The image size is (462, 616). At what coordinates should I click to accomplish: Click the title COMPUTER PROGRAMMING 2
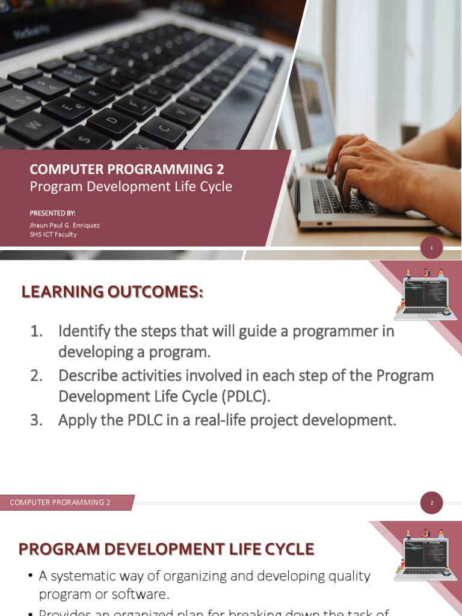tap(127, 170)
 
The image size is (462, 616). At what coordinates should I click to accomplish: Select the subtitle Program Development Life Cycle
tap(131, 186)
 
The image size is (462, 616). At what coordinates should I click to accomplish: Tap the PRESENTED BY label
tap(53, 213)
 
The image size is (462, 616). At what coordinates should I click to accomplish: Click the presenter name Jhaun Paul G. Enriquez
tap(65, 225)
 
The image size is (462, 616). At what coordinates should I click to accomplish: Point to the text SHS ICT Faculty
tap(54, 235)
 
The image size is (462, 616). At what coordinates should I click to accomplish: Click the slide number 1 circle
tap(431, 247)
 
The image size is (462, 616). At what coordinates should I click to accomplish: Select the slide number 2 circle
tap(431, 503)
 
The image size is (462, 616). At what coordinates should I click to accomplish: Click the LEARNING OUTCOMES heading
tap(112, 292)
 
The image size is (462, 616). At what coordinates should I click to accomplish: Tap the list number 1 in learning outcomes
tap(37, 331)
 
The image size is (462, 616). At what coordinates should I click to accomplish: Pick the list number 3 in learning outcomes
tap(37, 420)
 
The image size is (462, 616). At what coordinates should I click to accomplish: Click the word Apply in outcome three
tap(75, 420)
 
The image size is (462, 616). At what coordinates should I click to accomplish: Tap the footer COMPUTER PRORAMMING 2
tap(60, 503)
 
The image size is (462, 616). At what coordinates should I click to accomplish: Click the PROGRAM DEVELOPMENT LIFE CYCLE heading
tap(166, 549)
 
